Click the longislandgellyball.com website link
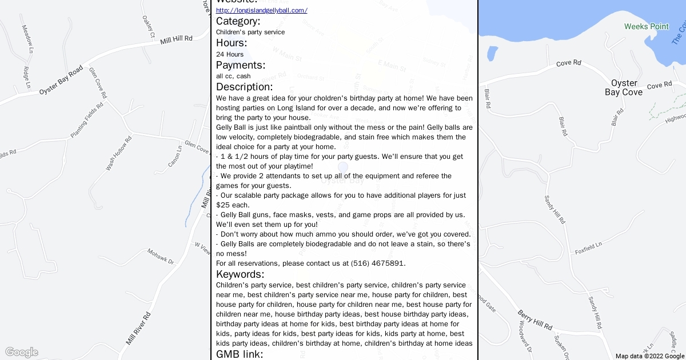click(261, 10)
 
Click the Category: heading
click(238, 21)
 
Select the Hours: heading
click(232, 43)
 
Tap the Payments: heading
click(241, 65)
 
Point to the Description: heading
click(244, 87)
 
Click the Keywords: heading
click(240, 274)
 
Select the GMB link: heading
click(240, 354)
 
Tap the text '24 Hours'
click(230, 54)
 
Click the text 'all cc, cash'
click(233, 76)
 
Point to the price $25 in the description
click(222, 205)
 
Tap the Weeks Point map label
click(646, 27)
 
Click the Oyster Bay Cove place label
click(624, 87)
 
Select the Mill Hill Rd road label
click(176, 40)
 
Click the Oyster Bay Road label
click(61, 83)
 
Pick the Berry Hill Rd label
click(535, 321)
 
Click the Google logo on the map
click(21, 352)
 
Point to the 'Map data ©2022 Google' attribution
click(649, 356)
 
